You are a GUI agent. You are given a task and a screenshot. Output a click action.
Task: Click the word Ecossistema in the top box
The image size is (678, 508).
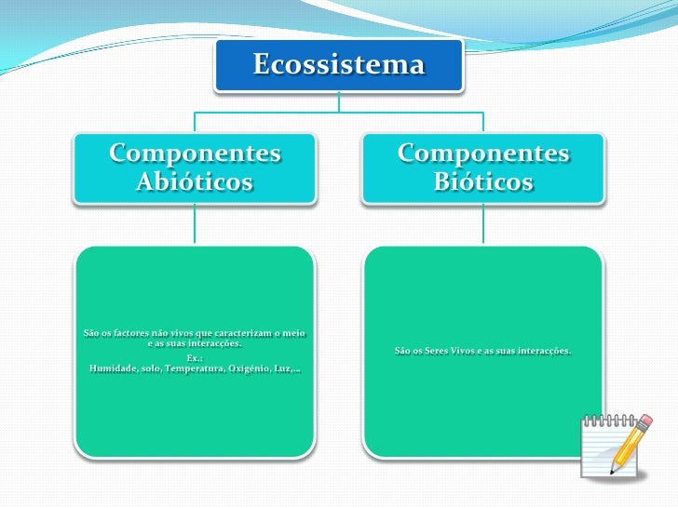point(338,65)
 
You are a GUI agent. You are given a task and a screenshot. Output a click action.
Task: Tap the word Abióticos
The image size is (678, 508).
point(195,181)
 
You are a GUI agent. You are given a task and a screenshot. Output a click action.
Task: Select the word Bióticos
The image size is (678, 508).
point(483,181)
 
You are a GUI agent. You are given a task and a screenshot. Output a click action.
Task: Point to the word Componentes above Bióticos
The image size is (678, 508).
point(483,153)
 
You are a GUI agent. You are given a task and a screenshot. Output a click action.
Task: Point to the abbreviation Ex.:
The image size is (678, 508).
point(195,358)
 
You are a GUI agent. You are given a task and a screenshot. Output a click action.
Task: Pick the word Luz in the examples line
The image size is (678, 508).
point(283,369)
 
